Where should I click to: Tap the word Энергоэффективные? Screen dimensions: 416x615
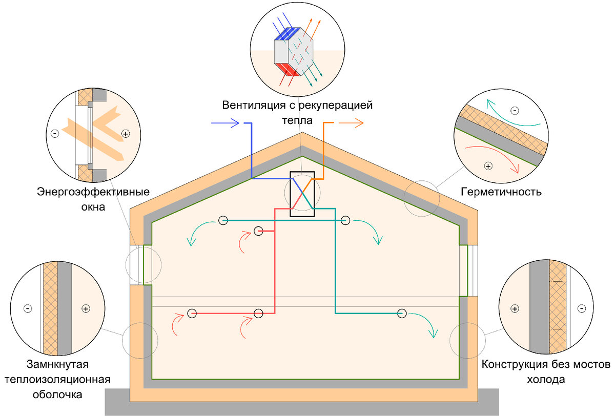coord(93,193)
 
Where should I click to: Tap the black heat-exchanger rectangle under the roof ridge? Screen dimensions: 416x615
coord(302,194)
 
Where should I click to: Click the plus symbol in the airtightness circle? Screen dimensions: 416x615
coord(488,166)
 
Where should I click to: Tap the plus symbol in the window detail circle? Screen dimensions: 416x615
coord(126,134)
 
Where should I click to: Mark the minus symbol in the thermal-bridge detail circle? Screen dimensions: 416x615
coord(581,308)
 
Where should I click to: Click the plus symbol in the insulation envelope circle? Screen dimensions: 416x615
coord(86,308)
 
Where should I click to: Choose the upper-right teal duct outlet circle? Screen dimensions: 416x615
coord(345,220)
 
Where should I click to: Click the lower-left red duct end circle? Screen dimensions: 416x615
coord(192,313)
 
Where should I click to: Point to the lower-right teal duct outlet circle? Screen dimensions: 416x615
coord(402,313)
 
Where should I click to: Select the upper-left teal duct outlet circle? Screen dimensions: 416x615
coord(222,220)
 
